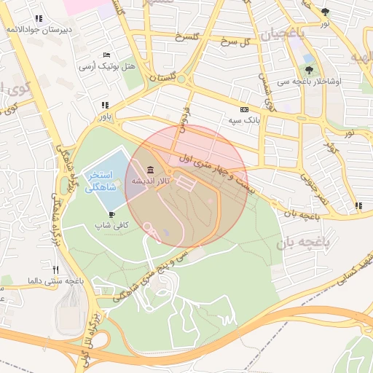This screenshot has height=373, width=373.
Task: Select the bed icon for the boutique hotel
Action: [x=107, y=55]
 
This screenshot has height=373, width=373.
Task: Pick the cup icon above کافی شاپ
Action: [x=112, y=215]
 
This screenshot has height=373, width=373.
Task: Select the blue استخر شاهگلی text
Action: [x=101, y=182]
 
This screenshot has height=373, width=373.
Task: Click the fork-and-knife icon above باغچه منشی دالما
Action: [x=66, y=270]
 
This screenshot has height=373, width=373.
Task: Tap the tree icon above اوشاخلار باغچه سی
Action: [x=310, y=71]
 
